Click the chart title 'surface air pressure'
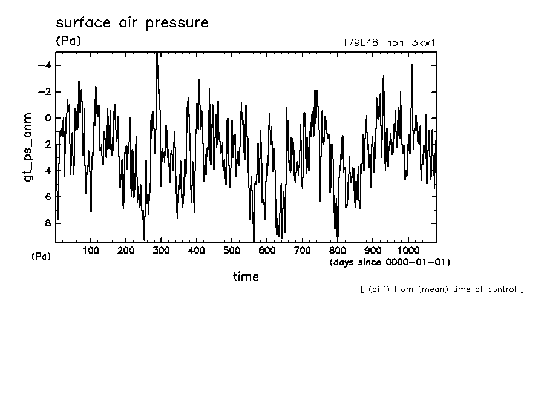132,24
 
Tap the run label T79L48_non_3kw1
388,43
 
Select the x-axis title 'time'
246,277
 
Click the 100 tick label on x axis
91,251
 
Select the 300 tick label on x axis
161,251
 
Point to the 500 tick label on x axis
232,251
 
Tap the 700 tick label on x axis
302,251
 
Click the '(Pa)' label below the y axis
41,256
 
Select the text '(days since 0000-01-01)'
390,262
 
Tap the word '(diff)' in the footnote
378,289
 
